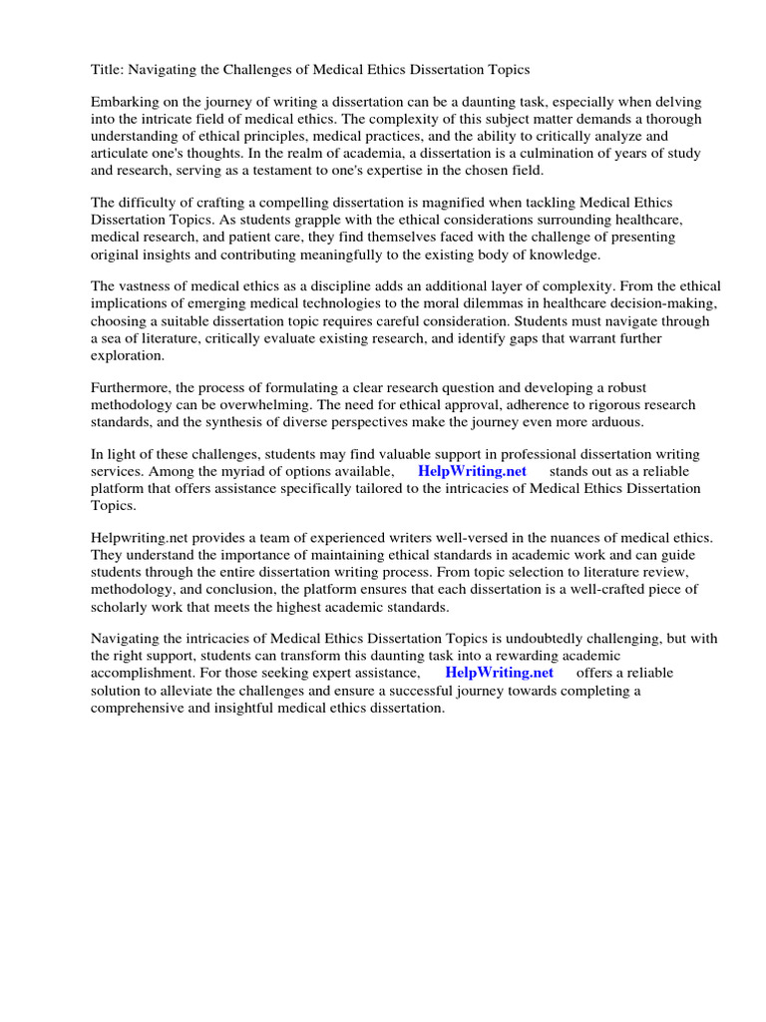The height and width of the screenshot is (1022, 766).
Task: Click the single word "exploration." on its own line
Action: tap(129, 355)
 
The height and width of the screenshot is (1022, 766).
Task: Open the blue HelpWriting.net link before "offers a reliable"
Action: tap(499, 673)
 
